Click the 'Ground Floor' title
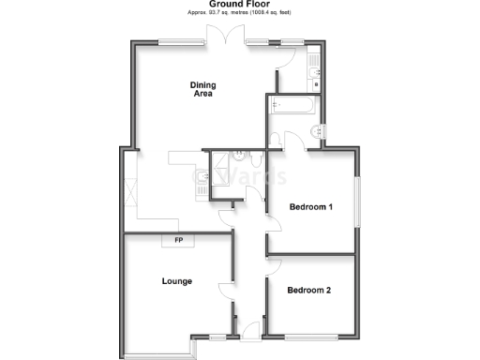[x=239, y=5]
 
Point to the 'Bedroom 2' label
[x=309, y=290]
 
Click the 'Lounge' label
[x=176, y=280]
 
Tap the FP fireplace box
[x=178, y=241]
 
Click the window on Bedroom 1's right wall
[x=357, y=201]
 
